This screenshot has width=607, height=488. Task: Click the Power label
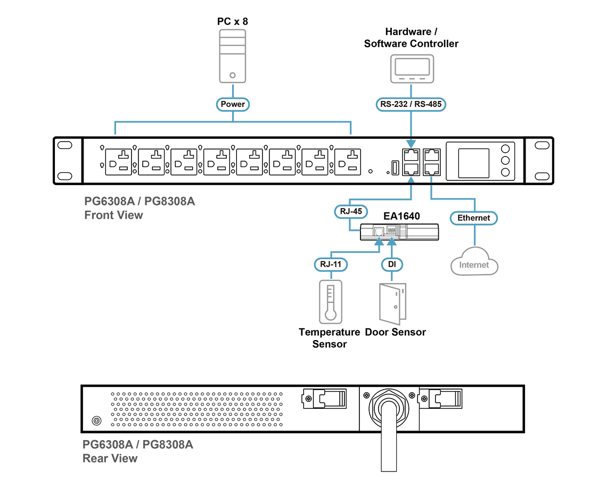pyautogui.click(x=233, y=104)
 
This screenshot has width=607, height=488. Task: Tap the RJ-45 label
pyautogui.click(x=351, y=211)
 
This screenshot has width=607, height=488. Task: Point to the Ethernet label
pyautogui.click(x=473, y=218)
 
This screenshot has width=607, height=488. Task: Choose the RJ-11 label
pyautogui.click(x=330, y=264)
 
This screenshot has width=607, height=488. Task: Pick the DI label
pyautogui.click(x=391, y=264)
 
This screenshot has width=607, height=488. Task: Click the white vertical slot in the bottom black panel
pyautogui.click(x=389, y=439)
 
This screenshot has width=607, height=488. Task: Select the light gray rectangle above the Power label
pyautogui.click(x=233, y=53)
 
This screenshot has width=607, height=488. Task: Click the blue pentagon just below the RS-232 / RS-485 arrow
pyautogui.click(x=411, y=143)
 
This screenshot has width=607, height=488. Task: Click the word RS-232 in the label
pyautogui.click(x=392, y=104)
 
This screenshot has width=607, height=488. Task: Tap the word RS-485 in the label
pyautogui.click(x=428, y=104)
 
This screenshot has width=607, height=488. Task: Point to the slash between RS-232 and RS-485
pyautogui.click(x=411, y=104)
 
